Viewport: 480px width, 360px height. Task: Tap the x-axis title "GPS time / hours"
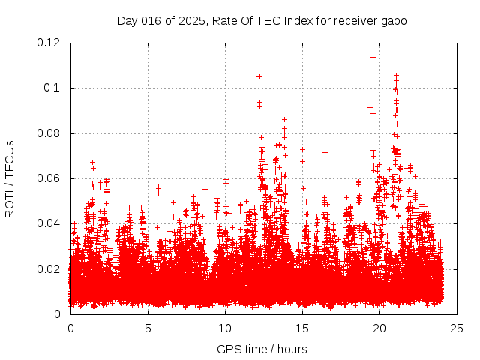[x=262, y=349]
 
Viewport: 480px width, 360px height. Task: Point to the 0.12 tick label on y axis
[x=49, y=43]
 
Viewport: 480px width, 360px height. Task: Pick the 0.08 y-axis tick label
[x=49, y=133]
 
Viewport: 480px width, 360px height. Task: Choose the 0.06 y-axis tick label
[x=49, y=178]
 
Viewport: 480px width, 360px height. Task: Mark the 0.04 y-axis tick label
[x=49, y=223]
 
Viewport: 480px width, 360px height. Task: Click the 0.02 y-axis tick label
[x=49, y=268]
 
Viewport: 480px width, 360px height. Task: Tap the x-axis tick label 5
[x=148, y=328]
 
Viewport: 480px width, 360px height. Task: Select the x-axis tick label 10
[x=225, y=328]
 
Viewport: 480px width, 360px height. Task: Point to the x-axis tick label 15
[x=302, y=328]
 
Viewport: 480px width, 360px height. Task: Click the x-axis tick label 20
[x=379, y=328]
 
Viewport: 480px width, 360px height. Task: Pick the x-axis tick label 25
[x=457, y=328]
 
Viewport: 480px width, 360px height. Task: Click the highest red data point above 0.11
[x=373, y=57]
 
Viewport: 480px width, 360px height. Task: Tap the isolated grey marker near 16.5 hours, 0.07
[x=325, y=152]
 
